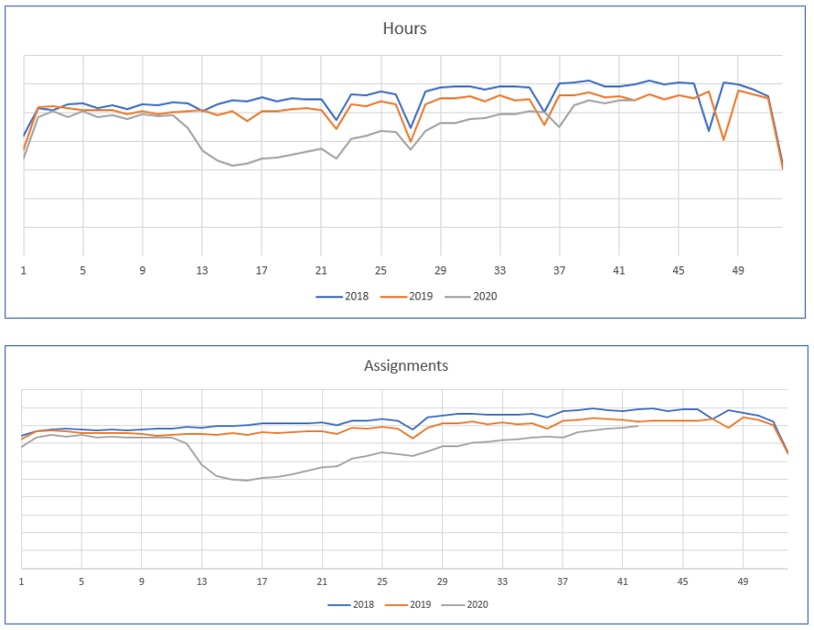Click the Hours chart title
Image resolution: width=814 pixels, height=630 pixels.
click(404, 28)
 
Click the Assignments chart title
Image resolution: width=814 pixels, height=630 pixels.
click(406, 365)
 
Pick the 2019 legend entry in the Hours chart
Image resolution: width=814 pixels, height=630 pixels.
click(406, 296)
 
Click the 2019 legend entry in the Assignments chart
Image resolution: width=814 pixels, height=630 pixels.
click(406, 604)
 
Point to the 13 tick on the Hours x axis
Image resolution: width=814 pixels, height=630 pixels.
click(202, 270)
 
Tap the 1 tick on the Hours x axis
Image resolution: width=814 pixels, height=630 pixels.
click(24, 270)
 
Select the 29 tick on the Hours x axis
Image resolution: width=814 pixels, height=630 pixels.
click(441, 270)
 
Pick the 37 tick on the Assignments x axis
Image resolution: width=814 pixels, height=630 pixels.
click(562, 581)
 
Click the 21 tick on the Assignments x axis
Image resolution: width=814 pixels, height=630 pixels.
click(322, 581)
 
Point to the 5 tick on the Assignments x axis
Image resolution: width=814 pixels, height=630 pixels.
click(81, 581)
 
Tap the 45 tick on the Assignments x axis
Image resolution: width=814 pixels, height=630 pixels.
click(682, 581)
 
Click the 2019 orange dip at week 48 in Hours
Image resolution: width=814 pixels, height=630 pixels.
click(723, 140)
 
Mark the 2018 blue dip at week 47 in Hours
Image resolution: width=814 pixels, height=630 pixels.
click(709, 131)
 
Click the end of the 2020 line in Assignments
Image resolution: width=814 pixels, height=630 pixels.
click(637, 426)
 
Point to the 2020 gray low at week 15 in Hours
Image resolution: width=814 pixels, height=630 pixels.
click(232, 166)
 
